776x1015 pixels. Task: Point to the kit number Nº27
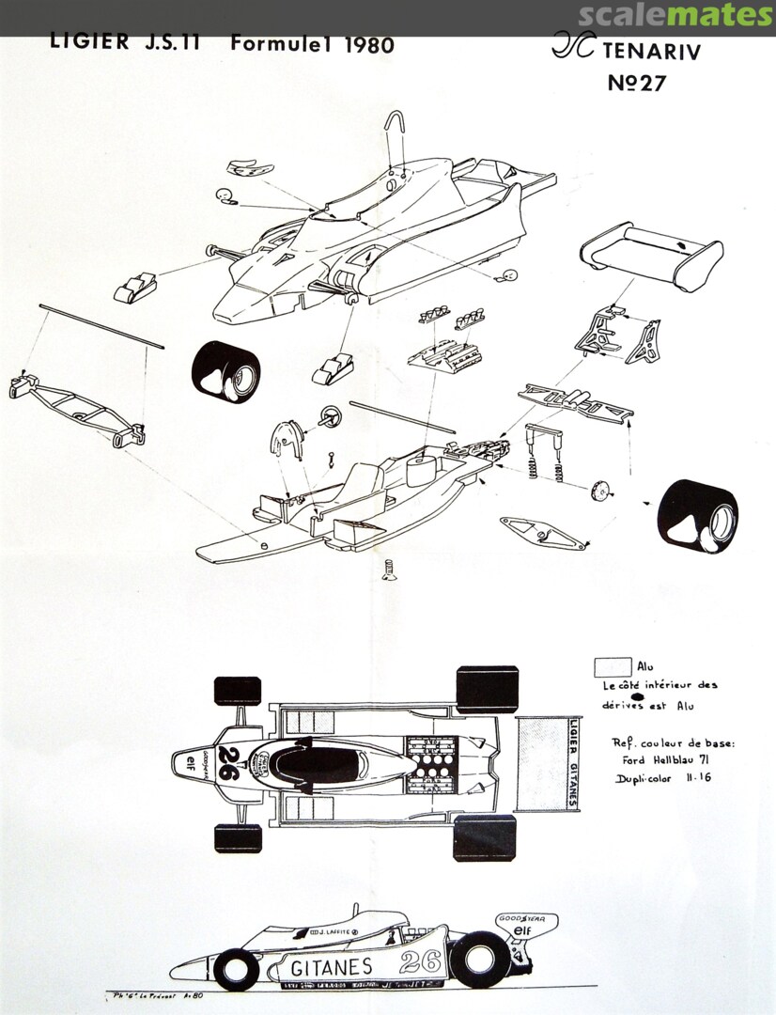[636, 83]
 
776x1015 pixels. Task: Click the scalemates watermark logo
[675, 16]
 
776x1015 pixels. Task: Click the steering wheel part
[329, 415]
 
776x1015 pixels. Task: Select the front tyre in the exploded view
[225, 371]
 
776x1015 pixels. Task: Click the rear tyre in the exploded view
[697, 516]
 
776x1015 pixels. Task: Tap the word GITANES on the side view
[331, 967]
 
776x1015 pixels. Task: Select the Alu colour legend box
[613, 666]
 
